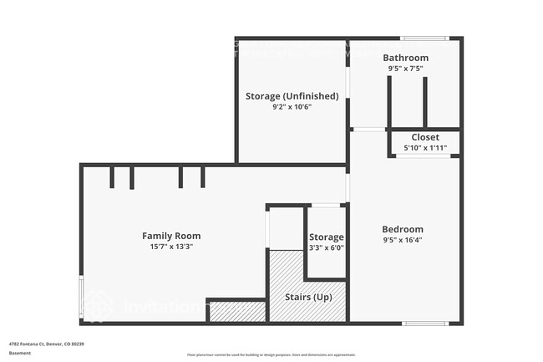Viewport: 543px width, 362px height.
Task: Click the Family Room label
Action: point(171,236)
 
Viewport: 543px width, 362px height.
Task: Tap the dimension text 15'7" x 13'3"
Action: point(171,247)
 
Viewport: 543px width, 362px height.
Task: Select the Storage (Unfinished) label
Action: point(292,96)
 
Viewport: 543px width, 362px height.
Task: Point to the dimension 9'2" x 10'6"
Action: point(292,107)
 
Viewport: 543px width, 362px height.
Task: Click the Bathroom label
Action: point(405,58)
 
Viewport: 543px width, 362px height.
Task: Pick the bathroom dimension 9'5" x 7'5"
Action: point(405,69)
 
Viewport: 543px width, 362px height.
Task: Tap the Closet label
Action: point(425,137)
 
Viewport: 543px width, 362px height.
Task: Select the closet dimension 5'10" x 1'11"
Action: point(425,148)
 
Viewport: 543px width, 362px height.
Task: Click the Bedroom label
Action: point(403,229)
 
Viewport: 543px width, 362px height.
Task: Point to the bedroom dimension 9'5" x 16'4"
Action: point(403,240)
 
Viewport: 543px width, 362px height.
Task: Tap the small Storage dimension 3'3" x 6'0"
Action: point(326,247)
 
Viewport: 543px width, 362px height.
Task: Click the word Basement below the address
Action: point(20,353)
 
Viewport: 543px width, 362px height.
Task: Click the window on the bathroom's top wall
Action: point(424,38)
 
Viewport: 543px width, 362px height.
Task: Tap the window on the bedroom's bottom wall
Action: point(425,323)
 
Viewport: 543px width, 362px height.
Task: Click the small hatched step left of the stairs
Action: point(236,311)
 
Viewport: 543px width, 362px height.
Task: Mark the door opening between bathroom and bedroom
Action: point(368,130)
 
